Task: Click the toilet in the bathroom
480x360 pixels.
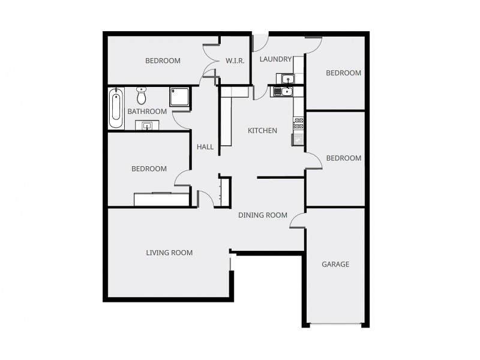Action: (x=142, y=95)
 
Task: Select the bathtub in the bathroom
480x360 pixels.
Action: (x=116, y=108)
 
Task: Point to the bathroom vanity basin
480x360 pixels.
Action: (x=147, y=125)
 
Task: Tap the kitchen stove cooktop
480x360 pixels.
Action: (x=298, y=123)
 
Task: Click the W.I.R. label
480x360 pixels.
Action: (x=234, y=61)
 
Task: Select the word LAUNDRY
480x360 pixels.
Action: (x=275, y=59)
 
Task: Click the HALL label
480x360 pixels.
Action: (x=205, y=146)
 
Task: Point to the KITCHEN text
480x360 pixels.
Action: (x=263, y=130)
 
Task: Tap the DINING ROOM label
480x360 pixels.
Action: (x=263, y=215)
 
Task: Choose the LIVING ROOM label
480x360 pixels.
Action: (x=169, y=253)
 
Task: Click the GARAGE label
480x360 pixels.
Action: (x=335, y=264)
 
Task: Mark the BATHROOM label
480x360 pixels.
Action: (x=147, y=111)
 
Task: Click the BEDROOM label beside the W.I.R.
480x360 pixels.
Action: (x=163, y=61)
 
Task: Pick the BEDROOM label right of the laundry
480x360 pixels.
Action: (x=343, y=73)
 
